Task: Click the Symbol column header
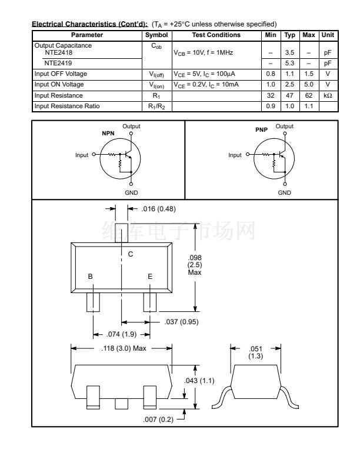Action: [x=156, y=35]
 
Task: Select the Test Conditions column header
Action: [x=216, y=35]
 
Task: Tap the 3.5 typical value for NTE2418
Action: [x=289, y=52]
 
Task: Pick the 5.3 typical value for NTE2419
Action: [x=289, y=64]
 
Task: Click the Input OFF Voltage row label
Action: [x=61, y=74]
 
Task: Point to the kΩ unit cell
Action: [x=328, y=95]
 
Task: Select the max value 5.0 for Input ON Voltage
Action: [x=309, y=84]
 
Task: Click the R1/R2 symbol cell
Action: [x=156, y=106]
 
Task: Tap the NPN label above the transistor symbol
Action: [x=108, y=134]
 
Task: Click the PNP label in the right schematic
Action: [x=261, y=130]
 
